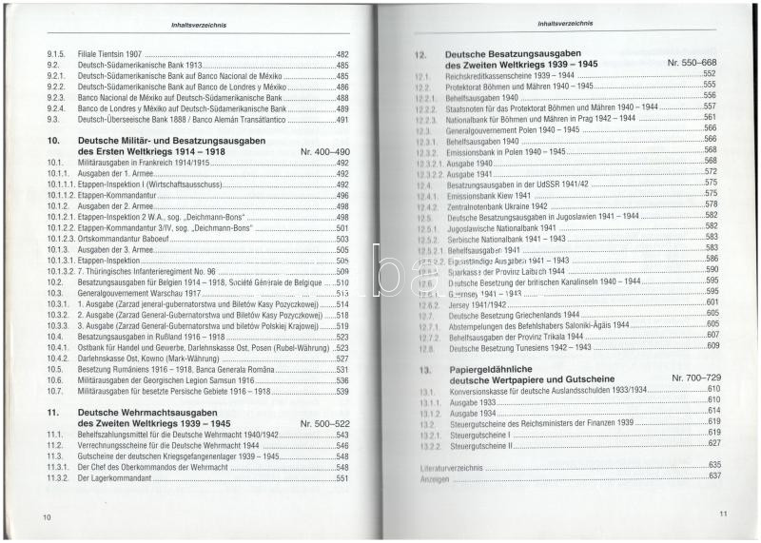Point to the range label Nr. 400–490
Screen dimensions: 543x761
click(x=324, y=152)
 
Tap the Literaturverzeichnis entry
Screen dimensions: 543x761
click(x=453, y=463)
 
